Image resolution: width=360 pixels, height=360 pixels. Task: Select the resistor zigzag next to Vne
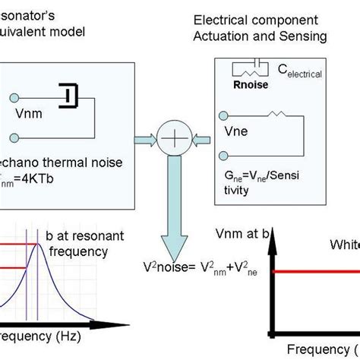280,115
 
